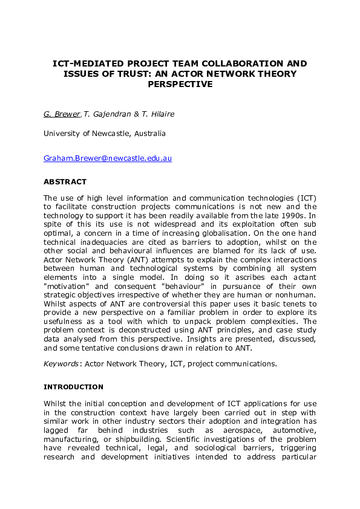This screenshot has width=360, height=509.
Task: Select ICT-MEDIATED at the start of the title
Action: [x=87, y=63]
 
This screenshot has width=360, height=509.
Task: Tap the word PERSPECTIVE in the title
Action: [x=180, y=84]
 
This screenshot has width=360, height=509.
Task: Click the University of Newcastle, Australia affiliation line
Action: [x=104, y=133]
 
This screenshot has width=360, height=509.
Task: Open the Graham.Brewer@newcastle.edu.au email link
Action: [x=107, y=158]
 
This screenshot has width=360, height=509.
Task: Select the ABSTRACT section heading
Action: [x=65, y=181]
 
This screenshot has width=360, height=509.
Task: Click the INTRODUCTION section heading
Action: [x=73, y=387]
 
